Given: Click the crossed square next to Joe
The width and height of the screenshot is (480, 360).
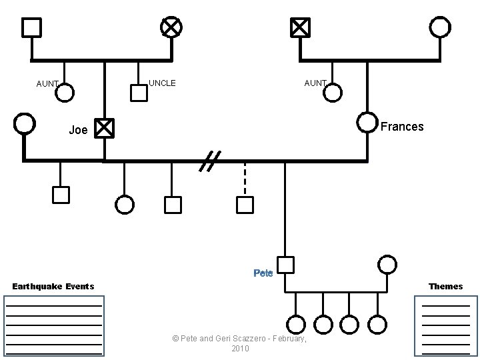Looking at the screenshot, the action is [104, 128].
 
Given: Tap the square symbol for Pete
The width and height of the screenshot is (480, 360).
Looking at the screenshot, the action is [285, 265].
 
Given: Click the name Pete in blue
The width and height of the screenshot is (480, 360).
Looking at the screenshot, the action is [263, 273].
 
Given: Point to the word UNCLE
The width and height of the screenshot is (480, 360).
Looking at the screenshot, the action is [162, 83].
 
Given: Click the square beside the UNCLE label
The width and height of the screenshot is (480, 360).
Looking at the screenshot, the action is [139, 93].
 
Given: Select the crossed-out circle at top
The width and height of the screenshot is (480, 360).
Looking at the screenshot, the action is [171, 27].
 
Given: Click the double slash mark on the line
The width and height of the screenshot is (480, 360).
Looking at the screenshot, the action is [210, 161].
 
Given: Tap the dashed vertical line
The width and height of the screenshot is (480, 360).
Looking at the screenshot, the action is [245, 179].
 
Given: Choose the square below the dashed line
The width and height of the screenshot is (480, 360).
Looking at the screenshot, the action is [245, 205].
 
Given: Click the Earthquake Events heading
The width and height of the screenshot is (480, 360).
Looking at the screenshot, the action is [53, 286].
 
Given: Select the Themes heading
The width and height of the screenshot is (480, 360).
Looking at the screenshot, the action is [446, 286].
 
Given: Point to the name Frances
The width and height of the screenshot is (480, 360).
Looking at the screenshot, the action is [402, 127].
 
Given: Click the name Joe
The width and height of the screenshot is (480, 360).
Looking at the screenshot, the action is [79, 130].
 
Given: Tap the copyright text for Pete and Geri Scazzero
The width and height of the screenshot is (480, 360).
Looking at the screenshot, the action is [240, 343].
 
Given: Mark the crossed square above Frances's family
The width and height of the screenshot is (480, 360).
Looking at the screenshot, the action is [300, 27].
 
